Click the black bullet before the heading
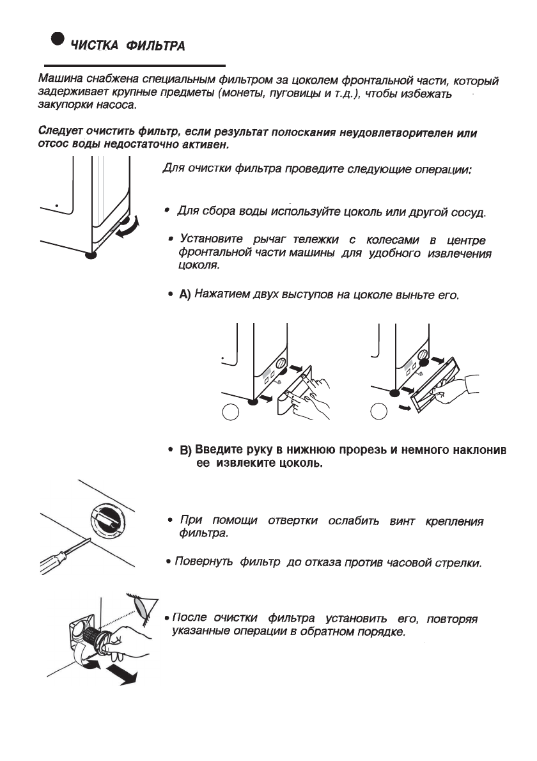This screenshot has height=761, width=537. (x=58, y=39)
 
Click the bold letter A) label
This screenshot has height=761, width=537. (x=185, y=295)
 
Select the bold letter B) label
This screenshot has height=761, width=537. (x=185, y=450)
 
